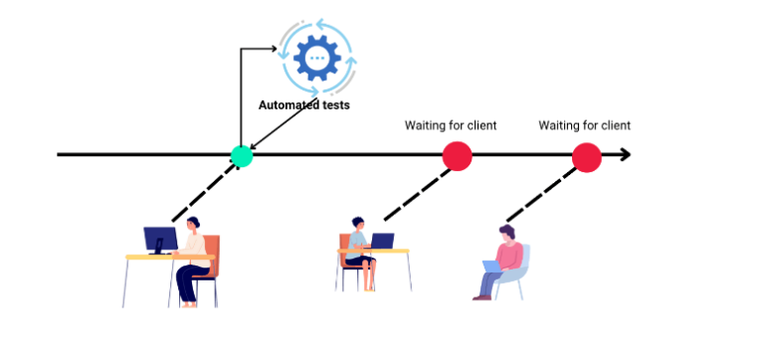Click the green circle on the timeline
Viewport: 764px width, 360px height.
coord(241,155)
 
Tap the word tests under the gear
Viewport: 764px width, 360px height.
coord(334,104)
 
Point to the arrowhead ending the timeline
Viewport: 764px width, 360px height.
coord(624,155)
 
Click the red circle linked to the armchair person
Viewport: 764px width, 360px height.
coord(587,156)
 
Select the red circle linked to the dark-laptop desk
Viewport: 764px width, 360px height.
coord(457,156)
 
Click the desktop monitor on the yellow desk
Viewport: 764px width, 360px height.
coord(159,239)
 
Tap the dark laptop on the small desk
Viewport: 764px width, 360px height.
coord(381,241)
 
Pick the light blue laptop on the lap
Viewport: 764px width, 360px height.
coord(493,266)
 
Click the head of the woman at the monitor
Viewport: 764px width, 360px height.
coord(193,223)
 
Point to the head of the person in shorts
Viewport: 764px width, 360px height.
coord(358,223)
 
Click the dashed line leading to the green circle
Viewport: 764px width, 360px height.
coord(205,189)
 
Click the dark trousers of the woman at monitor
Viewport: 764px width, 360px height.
coord(187,281)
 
